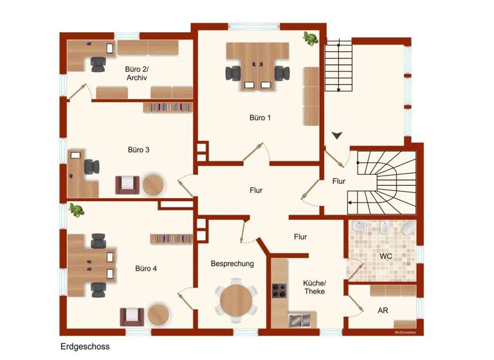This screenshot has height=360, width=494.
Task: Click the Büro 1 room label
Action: point(260,118)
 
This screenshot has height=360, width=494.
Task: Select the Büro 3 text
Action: point(138,150)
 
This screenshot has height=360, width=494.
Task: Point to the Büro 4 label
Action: point(145,268)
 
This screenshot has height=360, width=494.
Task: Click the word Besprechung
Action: point(232,264)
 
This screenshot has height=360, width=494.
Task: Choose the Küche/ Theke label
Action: point(315,287)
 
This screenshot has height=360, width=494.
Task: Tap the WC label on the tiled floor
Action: point(385,256)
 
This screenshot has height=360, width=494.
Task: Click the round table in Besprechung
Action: point(236,299)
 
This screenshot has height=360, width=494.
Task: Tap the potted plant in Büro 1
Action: point(311,39)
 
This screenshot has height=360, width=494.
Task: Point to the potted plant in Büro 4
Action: point(77,210)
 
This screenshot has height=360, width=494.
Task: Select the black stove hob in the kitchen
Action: point(279,291)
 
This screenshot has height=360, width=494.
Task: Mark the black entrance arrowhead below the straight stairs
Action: point(337,136)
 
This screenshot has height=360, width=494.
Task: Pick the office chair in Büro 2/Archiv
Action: point(98,63)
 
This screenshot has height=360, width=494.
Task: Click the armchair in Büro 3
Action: point(127,184)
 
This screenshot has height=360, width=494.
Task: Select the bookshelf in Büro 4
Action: point(171,239)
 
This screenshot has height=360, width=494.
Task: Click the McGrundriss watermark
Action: point(405,332)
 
